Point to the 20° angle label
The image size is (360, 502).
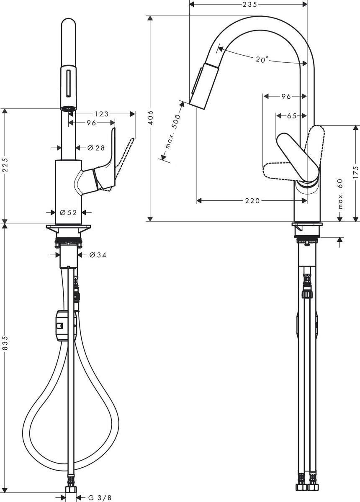(262, 60)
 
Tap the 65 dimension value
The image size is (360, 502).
(292, 116)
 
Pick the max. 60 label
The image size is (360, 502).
(340, 194)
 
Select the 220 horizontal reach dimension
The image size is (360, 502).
(252, 201)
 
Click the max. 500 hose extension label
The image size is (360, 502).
(172, 131)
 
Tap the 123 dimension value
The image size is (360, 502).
(101, 114)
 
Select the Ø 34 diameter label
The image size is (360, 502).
(98, 255)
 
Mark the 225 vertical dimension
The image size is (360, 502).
(5, 166)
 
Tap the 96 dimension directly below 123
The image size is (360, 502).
(91, 123)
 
